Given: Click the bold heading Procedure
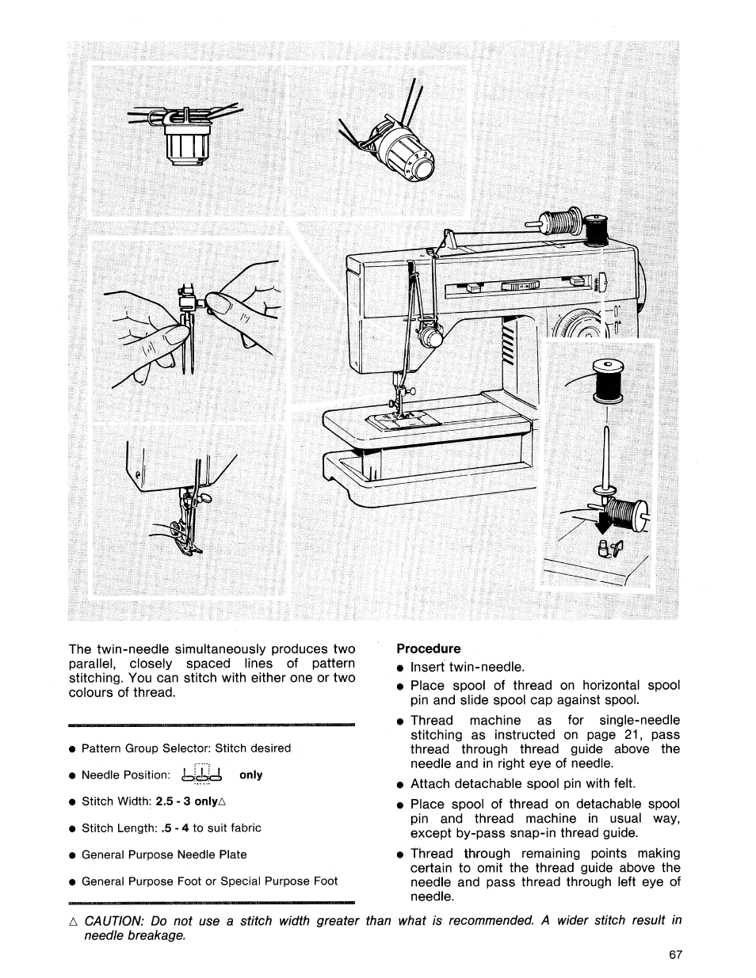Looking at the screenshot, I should coord(428,648).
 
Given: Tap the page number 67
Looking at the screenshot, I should coord(675,954).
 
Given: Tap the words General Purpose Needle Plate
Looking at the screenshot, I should coord(164,854).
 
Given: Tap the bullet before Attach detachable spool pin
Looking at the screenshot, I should coord(401,786).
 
